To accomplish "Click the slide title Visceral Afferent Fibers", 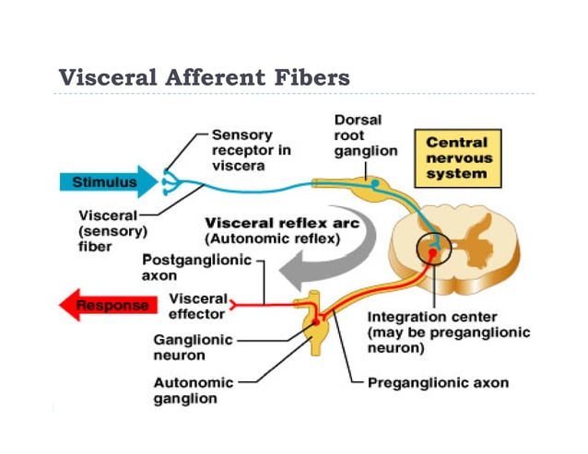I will pyautogui.click(x=204, y=76).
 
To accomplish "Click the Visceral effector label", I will pyautogui.click(x=199, y=305).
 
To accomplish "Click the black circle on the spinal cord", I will pyautogui.click(x=432, y=250).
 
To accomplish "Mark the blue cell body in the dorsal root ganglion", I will pyautogui.click(x=375, y=183).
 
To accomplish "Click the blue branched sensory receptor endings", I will pyautogui.click(x=169, y=181).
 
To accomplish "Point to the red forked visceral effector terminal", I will pyautogui.click(x=234, y=302).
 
